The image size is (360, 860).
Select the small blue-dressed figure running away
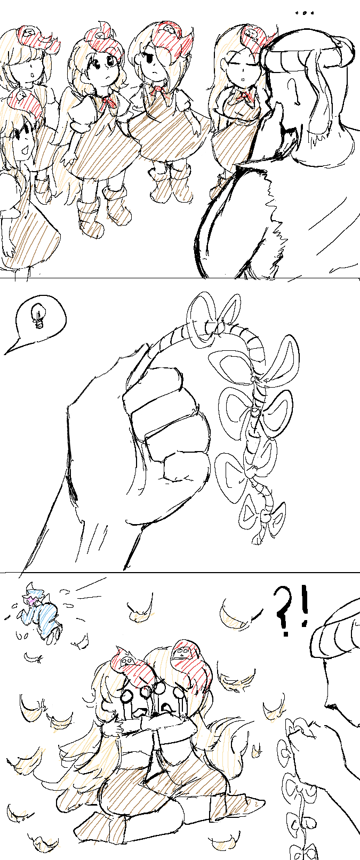41,611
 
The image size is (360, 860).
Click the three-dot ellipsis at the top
305,13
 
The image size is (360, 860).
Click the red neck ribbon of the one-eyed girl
158,91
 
